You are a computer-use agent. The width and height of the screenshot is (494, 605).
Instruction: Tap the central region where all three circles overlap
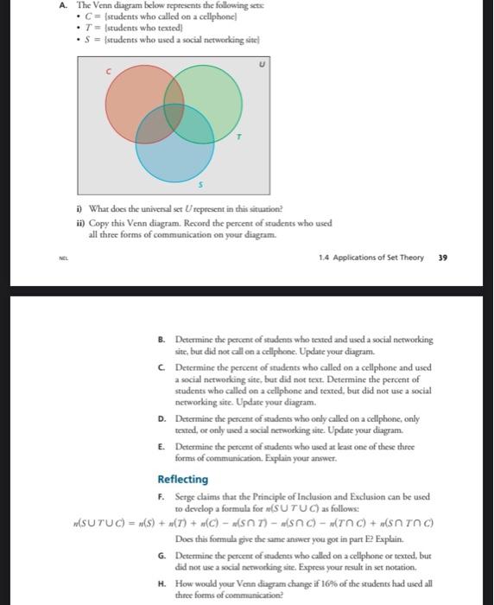[172, 118]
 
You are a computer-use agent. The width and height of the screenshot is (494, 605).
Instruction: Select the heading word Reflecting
[182, 480]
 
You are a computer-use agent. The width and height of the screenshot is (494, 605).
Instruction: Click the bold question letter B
[161, 341]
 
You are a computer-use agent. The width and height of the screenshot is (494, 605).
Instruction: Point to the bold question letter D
[161, 417]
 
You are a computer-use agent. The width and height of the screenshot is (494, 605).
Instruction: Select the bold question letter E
[161, 447]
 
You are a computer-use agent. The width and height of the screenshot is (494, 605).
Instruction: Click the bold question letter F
[161, 497]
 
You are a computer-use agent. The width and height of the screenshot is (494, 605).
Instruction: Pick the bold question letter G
[161, 554]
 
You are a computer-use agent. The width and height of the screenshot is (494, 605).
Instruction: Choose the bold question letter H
[161, 583]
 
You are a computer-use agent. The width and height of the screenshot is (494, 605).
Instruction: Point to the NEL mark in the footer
[63, 257]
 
